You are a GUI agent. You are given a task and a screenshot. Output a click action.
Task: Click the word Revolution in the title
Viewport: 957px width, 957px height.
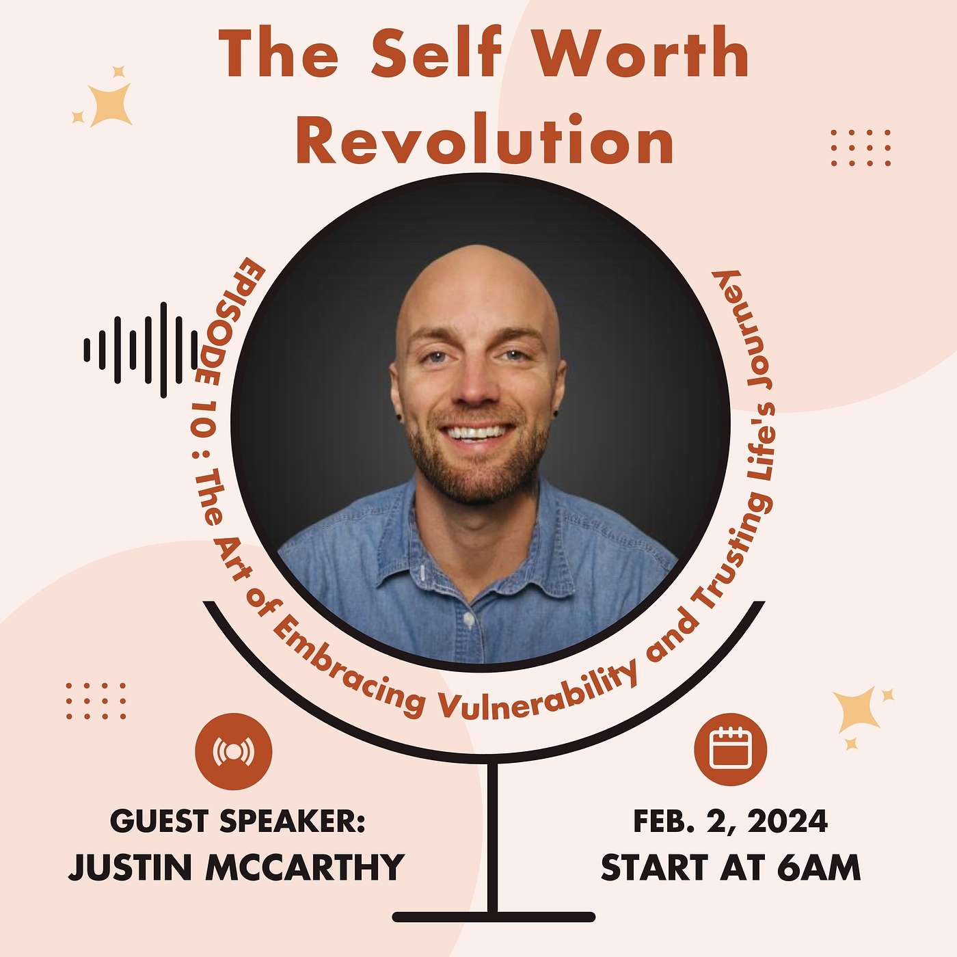(x=485, y=139)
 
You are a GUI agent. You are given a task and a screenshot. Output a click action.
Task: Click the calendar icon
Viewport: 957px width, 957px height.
(x=730, y=749)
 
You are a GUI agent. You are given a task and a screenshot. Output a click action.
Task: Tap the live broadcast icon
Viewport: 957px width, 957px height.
(x=233, y=751)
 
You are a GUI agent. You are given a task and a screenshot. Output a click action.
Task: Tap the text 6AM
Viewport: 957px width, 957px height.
(x=818, y=867)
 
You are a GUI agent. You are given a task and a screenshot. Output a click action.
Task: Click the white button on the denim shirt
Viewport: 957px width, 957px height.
(x=468, y=618)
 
